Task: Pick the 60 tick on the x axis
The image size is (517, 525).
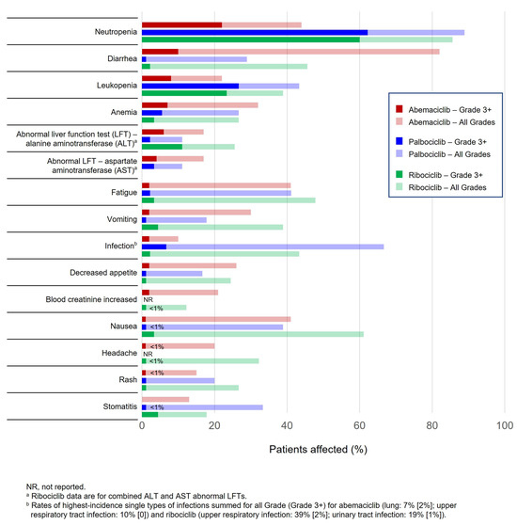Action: click(359, 426)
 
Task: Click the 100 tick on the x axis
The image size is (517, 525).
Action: click(504, 426)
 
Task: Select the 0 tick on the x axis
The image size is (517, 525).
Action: click(142, 426)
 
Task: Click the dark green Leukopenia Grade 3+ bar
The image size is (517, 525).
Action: click(184, 93)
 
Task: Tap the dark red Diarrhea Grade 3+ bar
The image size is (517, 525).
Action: click(160, 51)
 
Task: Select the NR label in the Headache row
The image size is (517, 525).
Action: click(148, 354)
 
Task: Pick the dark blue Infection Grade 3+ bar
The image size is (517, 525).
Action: click(154, 247)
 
